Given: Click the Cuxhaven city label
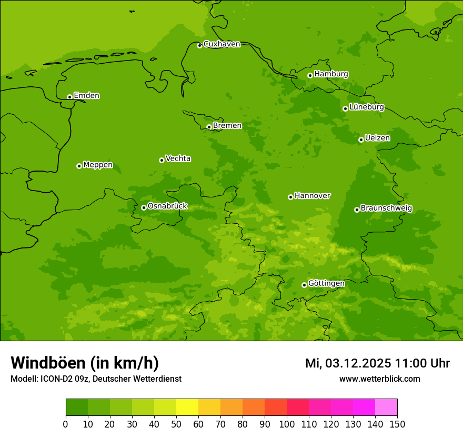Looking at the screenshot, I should point(222,44).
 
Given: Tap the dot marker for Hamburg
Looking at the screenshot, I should point(310,75).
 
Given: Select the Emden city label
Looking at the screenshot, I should point(86,96).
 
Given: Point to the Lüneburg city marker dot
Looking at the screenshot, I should point(345,108).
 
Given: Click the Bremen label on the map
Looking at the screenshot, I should point(227,126).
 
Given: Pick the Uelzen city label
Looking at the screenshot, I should point(377,138).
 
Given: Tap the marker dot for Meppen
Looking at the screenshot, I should point(79,166).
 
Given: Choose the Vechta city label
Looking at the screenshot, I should point(178,158).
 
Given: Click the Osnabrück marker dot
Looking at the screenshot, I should point(144,207).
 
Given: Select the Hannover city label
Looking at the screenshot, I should point(312,196).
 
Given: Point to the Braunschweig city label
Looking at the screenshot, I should point(386,208).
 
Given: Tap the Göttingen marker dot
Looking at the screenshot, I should point(304,285).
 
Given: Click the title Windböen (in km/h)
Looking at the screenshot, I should point(85,363).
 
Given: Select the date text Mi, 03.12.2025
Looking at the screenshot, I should point(348,363).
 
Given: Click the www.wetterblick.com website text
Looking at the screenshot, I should point(379,379).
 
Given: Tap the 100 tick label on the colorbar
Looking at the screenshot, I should point(287,424).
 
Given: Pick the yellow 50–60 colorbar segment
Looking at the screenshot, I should point(187,408).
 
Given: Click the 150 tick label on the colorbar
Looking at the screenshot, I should point(397,424).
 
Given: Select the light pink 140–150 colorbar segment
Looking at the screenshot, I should point(386,408).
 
